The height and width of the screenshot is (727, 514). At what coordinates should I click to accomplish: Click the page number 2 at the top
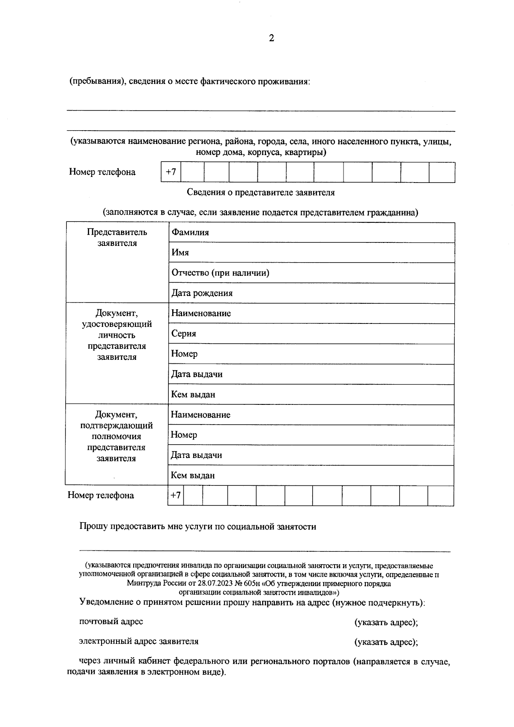click(271, 38)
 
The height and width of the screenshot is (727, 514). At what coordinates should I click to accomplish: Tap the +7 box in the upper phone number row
click(171, 172)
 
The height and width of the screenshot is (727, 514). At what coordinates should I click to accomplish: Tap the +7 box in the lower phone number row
click(176, 496)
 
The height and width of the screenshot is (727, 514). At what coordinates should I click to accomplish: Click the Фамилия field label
click(190, 232)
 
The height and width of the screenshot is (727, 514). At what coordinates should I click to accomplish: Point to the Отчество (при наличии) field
click(220, 273)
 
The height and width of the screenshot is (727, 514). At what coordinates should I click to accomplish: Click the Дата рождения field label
click(202, 293)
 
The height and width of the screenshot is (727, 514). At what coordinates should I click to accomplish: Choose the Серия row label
click(184, 334)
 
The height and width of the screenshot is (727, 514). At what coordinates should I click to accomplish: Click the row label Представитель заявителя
click(117, 238)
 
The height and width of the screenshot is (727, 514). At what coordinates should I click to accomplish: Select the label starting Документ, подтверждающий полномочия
click(116, 437)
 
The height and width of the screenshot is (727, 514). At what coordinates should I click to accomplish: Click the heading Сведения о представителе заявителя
click(260, 192)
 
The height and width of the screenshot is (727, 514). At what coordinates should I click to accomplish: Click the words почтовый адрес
click(111, 622)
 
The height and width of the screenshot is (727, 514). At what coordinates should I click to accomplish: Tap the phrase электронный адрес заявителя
click(138, 642)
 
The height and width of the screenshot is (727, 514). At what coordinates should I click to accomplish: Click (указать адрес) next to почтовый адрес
click(386, 622)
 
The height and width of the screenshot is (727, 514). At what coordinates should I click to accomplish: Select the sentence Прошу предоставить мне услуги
click(197, 527)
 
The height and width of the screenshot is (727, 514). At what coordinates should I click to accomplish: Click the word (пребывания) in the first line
click(97, 81)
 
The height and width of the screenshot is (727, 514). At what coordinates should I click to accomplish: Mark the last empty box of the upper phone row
click(442, 172)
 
